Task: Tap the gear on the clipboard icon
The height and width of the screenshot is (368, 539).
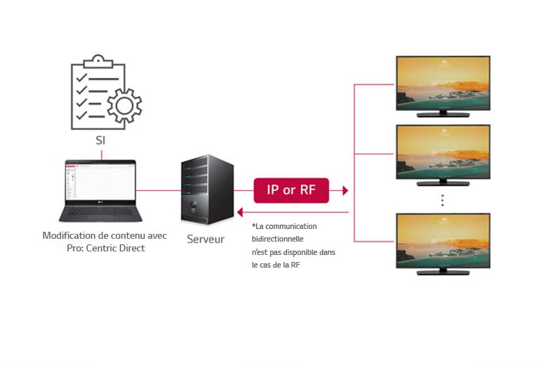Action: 124,106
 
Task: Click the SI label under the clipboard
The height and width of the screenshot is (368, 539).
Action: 100,140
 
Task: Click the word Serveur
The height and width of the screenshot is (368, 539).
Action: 206,239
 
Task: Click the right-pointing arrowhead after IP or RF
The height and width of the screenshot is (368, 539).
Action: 344,190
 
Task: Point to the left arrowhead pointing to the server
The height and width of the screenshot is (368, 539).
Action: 241,211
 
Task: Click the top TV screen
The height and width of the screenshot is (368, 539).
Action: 443,82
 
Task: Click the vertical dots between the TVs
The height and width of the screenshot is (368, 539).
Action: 443,200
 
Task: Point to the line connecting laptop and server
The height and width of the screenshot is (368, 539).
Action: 158,190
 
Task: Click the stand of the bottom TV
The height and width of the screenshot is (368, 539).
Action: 443,271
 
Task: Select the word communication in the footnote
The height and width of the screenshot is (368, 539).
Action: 293,226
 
